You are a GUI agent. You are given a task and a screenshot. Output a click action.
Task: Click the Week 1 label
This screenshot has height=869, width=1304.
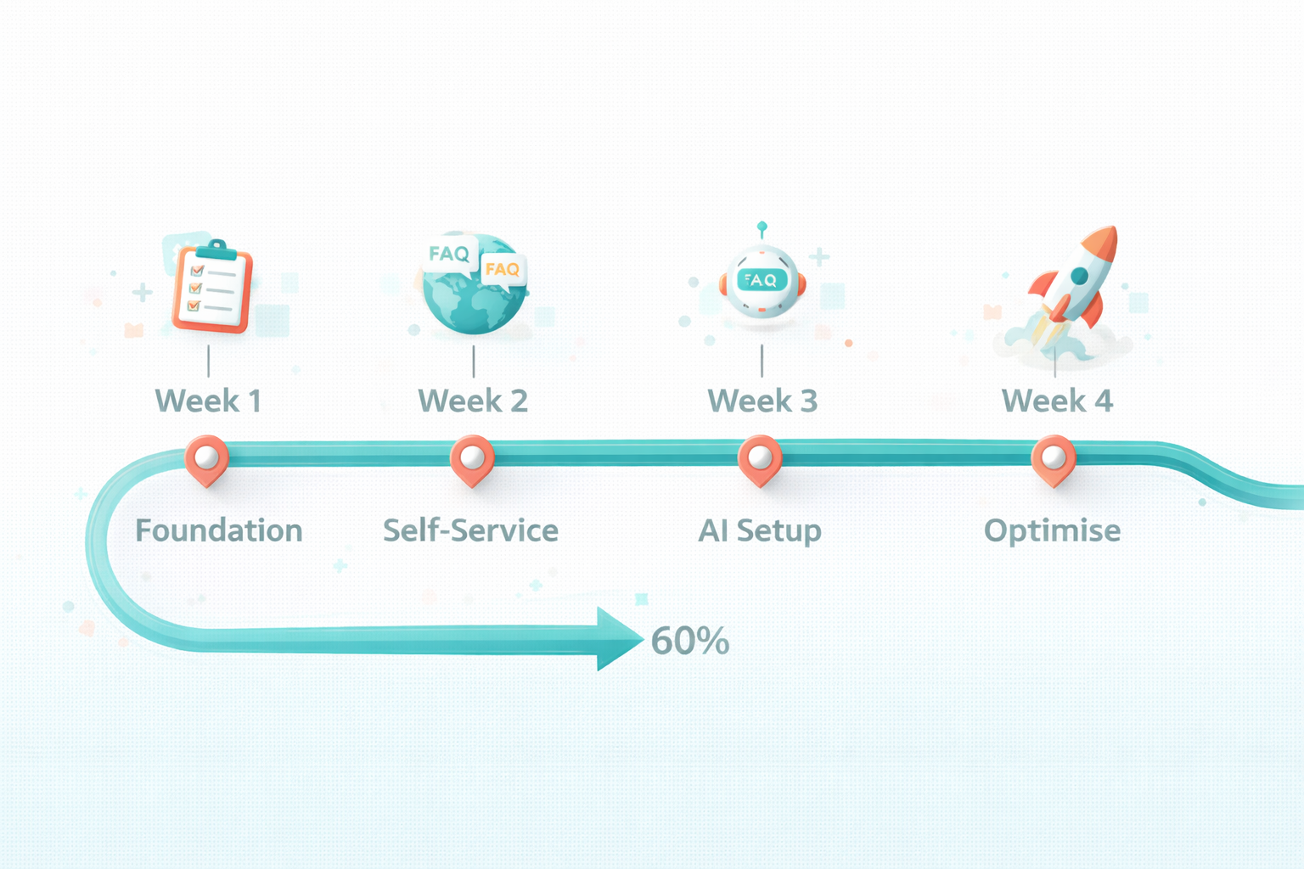tap(208, 401)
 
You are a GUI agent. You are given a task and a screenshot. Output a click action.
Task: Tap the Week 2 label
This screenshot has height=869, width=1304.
tap(473, 401)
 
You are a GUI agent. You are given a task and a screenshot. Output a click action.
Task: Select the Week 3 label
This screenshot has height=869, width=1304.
tap(762, 401)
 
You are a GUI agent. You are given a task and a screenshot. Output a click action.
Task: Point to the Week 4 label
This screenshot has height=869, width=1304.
tap(1057, 401)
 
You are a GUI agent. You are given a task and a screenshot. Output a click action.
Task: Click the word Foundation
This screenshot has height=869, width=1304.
tap(219, 530)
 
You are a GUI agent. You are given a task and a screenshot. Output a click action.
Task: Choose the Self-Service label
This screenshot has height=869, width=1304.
tap(470, 530)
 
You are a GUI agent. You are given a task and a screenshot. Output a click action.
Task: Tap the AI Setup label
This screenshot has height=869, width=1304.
tap(760, 530)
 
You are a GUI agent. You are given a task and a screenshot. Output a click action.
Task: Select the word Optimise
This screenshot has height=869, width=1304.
tap(1052, 530)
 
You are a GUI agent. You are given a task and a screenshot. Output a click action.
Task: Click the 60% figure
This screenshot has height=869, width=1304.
tap(689, 642)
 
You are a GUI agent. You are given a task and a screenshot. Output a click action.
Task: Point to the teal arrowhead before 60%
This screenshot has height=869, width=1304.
tap(617, 639)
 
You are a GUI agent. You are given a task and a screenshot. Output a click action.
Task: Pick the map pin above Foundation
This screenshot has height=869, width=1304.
tap(206, 459)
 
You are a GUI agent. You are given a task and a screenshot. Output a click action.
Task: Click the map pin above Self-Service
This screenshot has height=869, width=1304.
tap(472, 459)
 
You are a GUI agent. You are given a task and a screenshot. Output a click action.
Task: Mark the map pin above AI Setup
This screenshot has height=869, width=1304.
tap(760, 459)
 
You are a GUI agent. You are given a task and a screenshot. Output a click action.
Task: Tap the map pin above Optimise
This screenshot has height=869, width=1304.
tap(1053, 459)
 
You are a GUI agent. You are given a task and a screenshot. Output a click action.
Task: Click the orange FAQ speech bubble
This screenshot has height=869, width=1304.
tap(503, 270)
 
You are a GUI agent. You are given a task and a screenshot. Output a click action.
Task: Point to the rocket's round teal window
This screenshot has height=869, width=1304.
tap(1079, 276)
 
